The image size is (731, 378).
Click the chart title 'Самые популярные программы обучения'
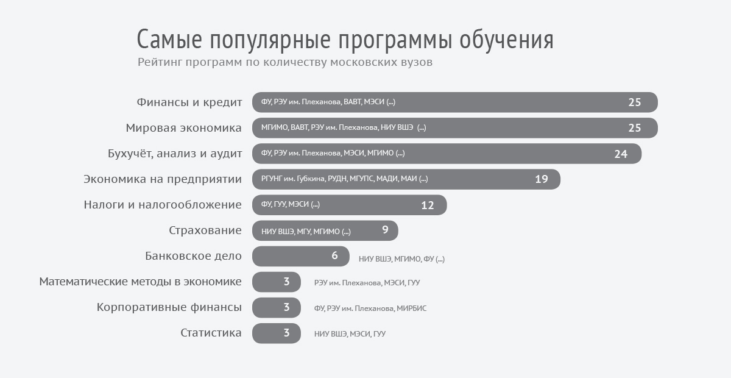pyautogui.click(x=345, y=40)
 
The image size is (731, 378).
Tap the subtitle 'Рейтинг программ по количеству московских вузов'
pyautogui.click(x=285, y=62)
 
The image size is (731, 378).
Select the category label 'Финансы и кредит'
pyautogui.click(x=189, y=102)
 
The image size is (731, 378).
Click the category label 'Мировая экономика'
pyautogui.click(x=184, y=128)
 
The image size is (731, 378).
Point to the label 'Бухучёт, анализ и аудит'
pyautogui.click(x=175, y=154)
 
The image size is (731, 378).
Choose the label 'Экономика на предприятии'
pyautogui.click(x=163, y=179)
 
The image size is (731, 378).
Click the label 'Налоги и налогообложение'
pyautogui.click(x=163, y=205)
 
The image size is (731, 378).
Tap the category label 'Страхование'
pyautogui.click(x=205, y=230)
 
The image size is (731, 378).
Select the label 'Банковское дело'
pyautogui.click(x=193, y=256)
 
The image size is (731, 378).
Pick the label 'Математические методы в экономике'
pyautogui.click(x=140, y=282)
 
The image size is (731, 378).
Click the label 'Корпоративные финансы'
pyautogui.click(x=169, y=307)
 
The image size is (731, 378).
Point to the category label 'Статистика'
pyautogui.click(x=211, y=333)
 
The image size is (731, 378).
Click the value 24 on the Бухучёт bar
pyautogui.click(x=621, y=154)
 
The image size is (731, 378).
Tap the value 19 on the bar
pyautogui.click(x=542, y=179)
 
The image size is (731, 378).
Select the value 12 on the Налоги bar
pyautogui.click(x=428, y=205)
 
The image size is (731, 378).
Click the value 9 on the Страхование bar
pyautogui.click(x=385, y=230)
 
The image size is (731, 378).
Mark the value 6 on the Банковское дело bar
pyautogui.click(x=334, y=256)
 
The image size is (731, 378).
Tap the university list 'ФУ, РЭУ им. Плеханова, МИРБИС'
pyautogui.click(x=370, y=308)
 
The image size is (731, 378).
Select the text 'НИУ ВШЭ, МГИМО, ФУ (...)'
pyautogui.click(x=401, y=259)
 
